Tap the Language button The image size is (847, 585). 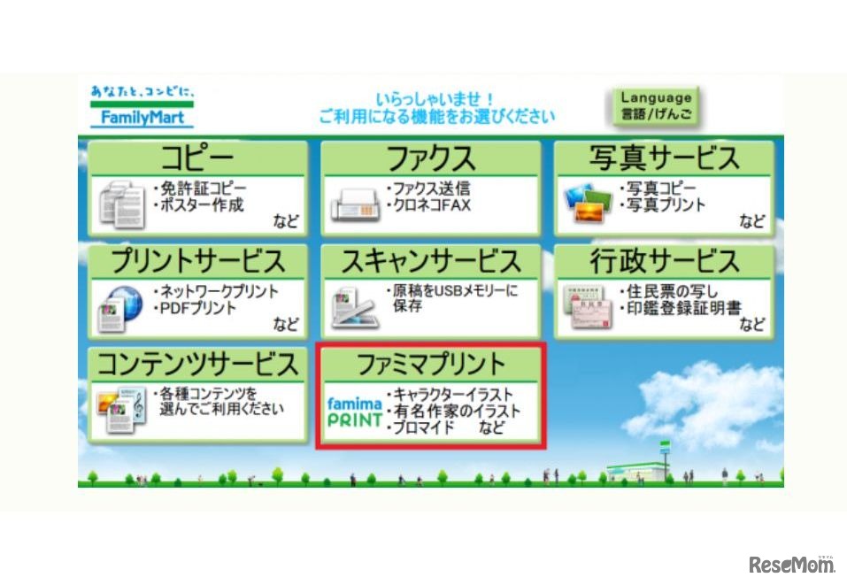pyautogui.click(x=655, y=106)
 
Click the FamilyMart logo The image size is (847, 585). pyautogui.click(x=142, y=106)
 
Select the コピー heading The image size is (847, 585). pyautogui.click(x=197, y=158)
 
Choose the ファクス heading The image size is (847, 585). pyautogui.click(x=430, y=158)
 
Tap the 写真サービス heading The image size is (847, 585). pyautogui.click(x=664, y=158)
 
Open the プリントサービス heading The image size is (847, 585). pyautogui.click(x=197, y=262)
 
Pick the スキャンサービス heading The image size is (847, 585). pyautogui.click(x=430, y=262)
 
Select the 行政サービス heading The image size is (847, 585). pyautogui.click(x=664, y=262)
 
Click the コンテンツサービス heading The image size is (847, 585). pyautogui.click(x=197, y=364)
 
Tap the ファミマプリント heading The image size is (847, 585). pyautogui.click(x=430, y=364)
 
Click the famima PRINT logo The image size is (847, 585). pyautogui.click(x=354, y=412)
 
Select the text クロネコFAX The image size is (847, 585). pyautogui.click(x=431, y=205)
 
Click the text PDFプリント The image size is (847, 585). pyautogui.click(x=196, y=308)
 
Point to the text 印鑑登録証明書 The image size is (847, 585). pyautogui.click(x=681, y=308)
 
